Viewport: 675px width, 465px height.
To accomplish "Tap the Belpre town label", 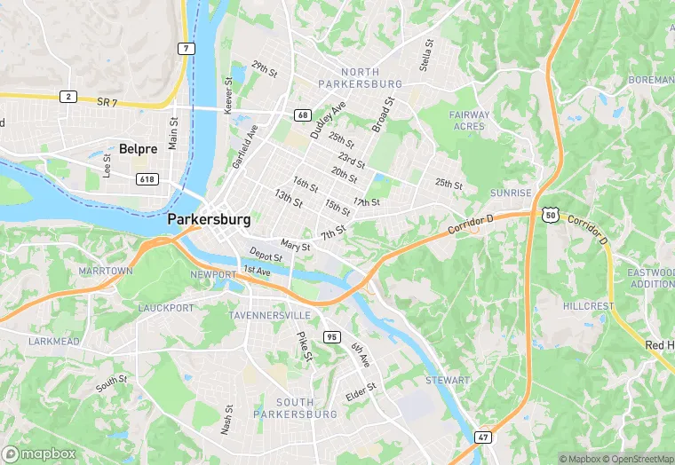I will pyautogui.click(x=138, y=149).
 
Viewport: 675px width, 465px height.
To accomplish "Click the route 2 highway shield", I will pyautogui.click(x=67, y=96).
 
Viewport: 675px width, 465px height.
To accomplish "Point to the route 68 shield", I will pyautogui.click(x=303, y=115).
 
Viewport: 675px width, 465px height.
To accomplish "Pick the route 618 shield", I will pyautogui.click(x=147, y=179).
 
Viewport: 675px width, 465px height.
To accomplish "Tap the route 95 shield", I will pyautogui.click(x=331, y=336).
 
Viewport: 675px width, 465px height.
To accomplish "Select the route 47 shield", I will pyautogui.click(x=482, y=437).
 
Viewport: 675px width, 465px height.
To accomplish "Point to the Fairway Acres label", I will pyautogui.click(x=468, y=121).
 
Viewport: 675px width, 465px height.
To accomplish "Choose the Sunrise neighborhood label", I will pyautogui.click(x=511, y=193).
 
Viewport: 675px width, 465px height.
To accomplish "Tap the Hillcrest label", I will pyautogui.click(x=588, y=306).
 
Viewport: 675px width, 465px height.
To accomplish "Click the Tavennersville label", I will pyautogui.click(x=270, y=316).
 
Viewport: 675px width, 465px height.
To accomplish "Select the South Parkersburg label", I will pyautogui.click(x=295, y=408).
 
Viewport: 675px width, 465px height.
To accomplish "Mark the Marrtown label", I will pyautogui.click(x=105, y=271).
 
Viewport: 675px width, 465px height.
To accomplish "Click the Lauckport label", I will pyautogui.click(x=166, y=308).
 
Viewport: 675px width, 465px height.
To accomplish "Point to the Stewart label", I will pyautogui.click(x=448, y=381).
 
